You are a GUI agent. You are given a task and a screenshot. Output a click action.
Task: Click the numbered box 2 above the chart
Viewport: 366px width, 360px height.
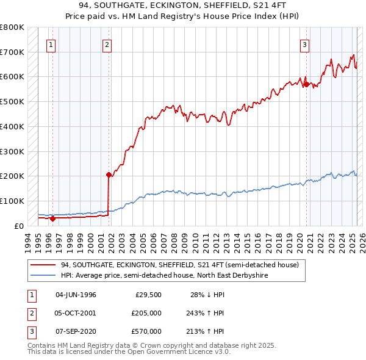point(106,44)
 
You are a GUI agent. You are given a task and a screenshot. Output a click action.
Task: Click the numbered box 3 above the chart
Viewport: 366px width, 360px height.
point(304,44)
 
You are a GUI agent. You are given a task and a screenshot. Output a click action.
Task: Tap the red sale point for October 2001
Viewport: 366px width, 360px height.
point(109,175)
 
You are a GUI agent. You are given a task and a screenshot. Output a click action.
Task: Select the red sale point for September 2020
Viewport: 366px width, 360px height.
point(306,84)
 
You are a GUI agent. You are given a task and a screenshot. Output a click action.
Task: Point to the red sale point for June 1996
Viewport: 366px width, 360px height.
point(52,218)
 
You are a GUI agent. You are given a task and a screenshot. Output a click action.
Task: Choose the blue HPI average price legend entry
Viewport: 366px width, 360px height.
point(164,276)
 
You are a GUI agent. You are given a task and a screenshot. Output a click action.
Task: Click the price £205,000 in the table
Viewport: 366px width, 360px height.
point(146,313)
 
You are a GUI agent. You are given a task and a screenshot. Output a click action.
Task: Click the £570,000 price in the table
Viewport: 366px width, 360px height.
point(146,331)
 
